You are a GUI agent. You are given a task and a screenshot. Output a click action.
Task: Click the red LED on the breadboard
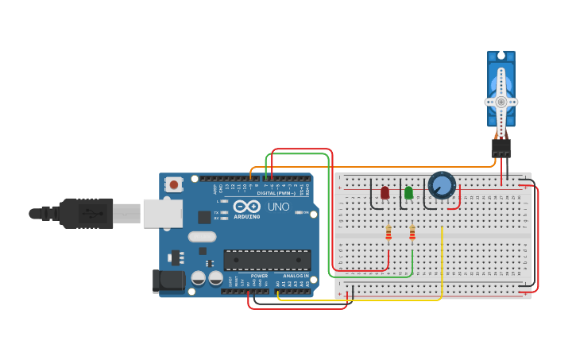point(385,193)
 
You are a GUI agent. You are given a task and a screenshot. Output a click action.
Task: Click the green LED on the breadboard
point(408,193)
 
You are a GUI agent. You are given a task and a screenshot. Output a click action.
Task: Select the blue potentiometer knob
point(442,186)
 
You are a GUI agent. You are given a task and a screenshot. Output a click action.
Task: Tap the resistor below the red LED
point(389,233)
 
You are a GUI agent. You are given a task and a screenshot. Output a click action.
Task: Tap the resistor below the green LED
point(412,233)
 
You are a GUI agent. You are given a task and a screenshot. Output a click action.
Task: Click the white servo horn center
point(501,102)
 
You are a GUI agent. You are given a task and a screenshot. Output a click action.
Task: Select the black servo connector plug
point(501,149)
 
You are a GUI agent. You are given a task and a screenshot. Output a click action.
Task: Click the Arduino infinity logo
point(247,206)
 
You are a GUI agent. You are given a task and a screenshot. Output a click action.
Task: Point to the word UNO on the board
point(278,207)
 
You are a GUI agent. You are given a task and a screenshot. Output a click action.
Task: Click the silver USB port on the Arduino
point(162,213)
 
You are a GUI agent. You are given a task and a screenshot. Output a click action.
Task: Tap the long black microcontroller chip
point(267,260)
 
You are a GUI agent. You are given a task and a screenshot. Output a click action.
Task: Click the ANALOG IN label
point(296,276)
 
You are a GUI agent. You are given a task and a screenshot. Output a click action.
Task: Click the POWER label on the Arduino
point(259,276)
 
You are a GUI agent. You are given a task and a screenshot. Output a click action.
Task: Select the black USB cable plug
point(87,213)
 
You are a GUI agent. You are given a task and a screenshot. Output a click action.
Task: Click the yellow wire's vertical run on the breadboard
point(441,262)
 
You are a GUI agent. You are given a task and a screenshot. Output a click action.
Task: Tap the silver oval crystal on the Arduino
point(203,236)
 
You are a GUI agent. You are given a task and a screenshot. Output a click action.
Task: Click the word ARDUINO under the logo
point(247,216)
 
